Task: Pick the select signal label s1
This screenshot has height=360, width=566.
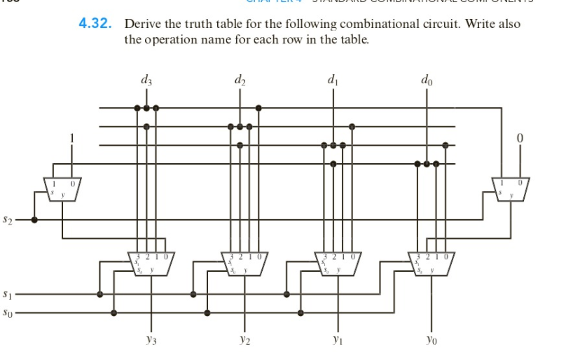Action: pos(9,293)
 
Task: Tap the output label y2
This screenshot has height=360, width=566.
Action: pos(240,342)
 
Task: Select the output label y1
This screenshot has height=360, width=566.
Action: pos(333,342)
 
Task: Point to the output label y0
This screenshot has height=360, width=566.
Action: pos(427,342)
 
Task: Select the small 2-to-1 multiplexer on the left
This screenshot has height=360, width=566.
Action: pos(62,188)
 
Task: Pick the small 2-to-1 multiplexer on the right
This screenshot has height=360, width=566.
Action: pos(511,188)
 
